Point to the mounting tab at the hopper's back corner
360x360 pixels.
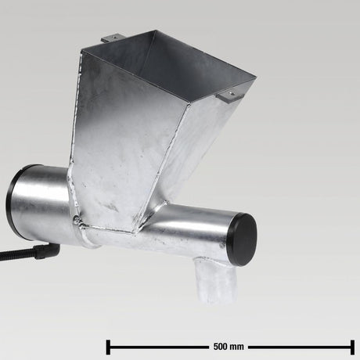point(111,38)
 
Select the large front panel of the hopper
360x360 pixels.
point(125,149)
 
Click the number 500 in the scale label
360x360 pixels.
point(220,345)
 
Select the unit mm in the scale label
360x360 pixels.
point(237,345)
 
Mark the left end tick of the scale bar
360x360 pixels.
point(108,345)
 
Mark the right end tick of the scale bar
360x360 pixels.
point(352,345)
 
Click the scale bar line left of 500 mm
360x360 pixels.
point(157,345)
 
